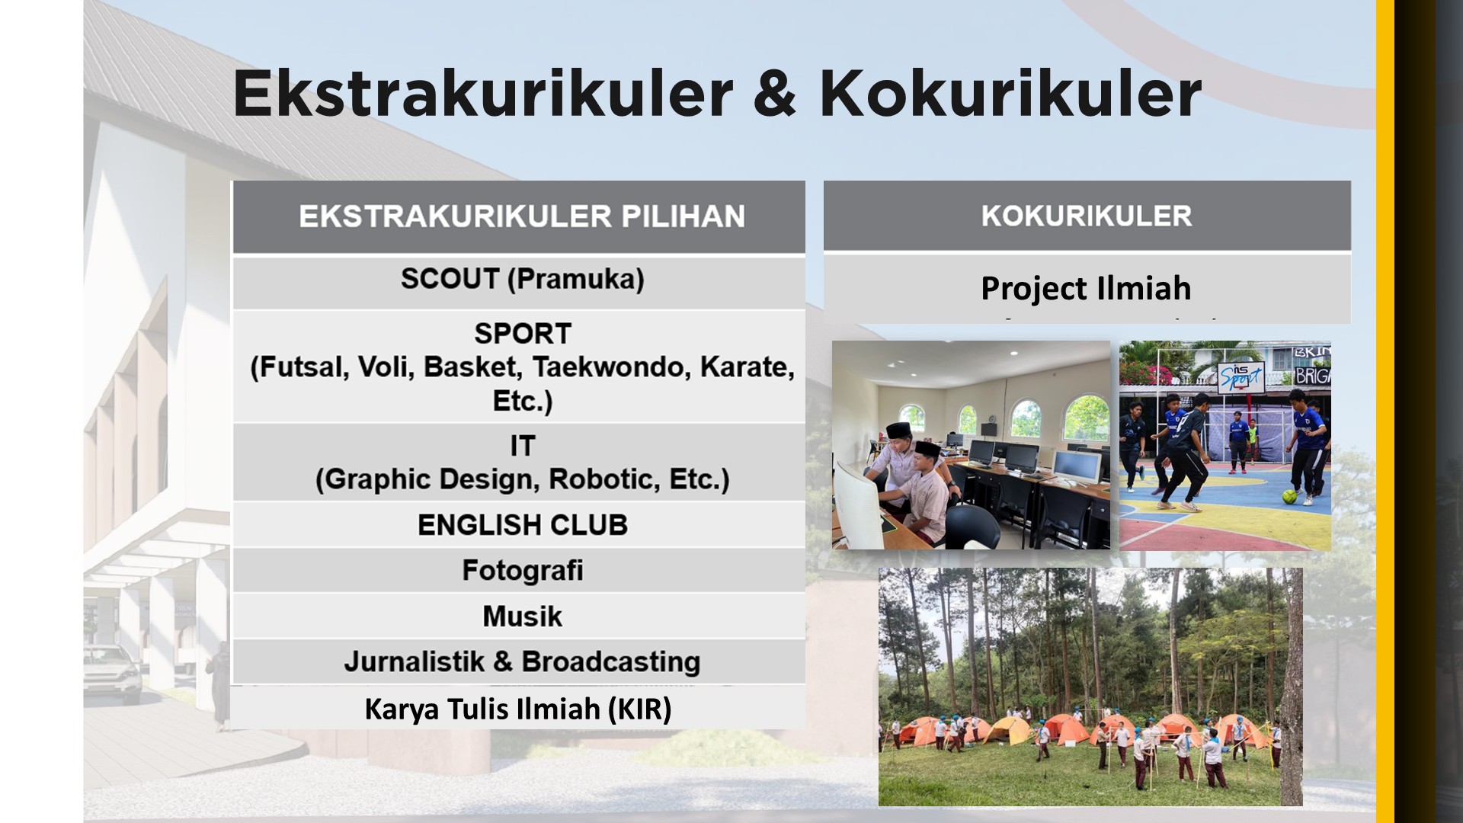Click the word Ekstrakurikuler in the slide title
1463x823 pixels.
[x=483, y=93]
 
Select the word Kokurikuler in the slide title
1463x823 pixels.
[x=1010, y=93]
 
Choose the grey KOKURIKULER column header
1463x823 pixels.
[x=1087, y=216]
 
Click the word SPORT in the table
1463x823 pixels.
[x=523, y=334]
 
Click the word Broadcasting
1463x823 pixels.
[x=610, y=661]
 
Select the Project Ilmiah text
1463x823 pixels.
[x=1086, y=288]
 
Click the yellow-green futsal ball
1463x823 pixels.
[x=1289, y=496]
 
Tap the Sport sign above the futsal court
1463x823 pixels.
[x=1241, y=376]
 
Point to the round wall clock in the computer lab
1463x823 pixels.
[x=992, y=418]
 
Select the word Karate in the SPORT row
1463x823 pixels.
[x=747, y=367]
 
